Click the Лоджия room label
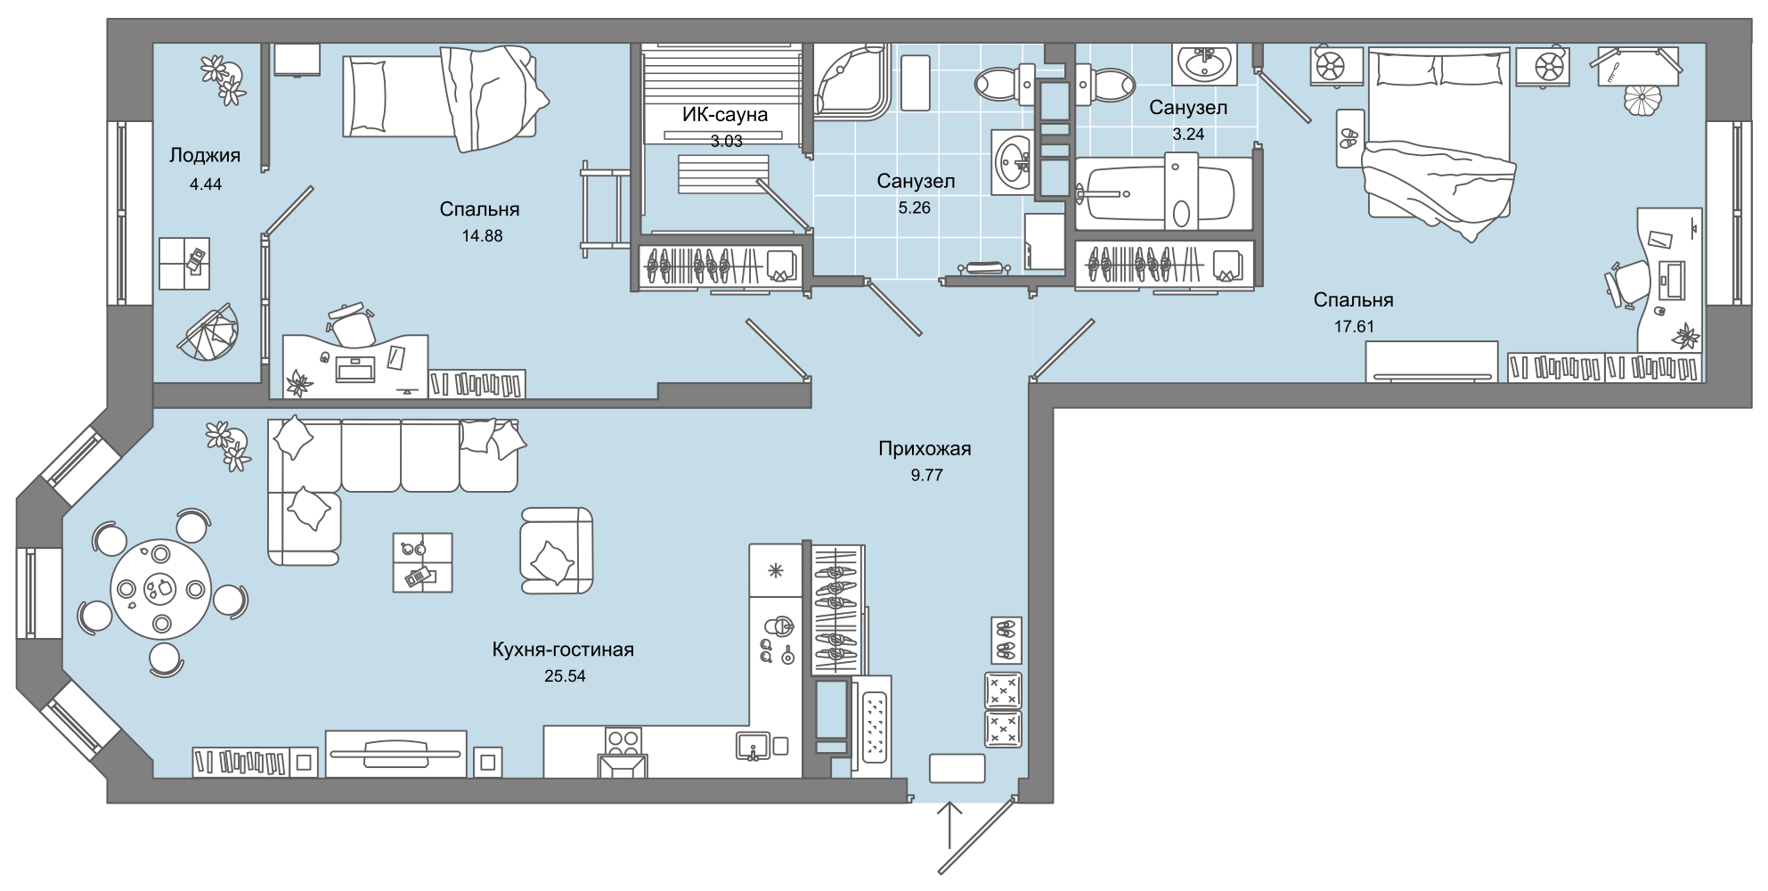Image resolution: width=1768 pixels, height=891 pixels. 205,156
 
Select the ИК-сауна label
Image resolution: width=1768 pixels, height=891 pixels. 725,115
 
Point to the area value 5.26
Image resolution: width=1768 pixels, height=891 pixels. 915,208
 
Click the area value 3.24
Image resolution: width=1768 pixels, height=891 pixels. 1188,135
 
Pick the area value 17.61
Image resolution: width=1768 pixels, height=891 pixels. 1353,327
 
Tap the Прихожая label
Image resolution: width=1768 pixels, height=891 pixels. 925,449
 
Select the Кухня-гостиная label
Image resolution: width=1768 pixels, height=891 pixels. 563,650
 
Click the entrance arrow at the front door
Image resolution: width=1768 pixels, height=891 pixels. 950,824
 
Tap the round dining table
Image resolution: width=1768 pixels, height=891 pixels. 161,589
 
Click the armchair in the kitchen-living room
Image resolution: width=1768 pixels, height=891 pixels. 557,550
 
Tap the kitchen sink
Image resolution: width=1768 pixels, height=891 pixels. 754,746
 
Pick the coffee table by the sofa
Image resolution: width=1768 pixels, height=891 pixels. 422,562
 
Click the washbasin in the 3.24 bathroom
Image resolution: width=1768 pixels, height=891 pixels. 1204,62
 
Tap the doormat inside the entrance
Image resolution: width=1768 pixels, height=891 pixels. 957,768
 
